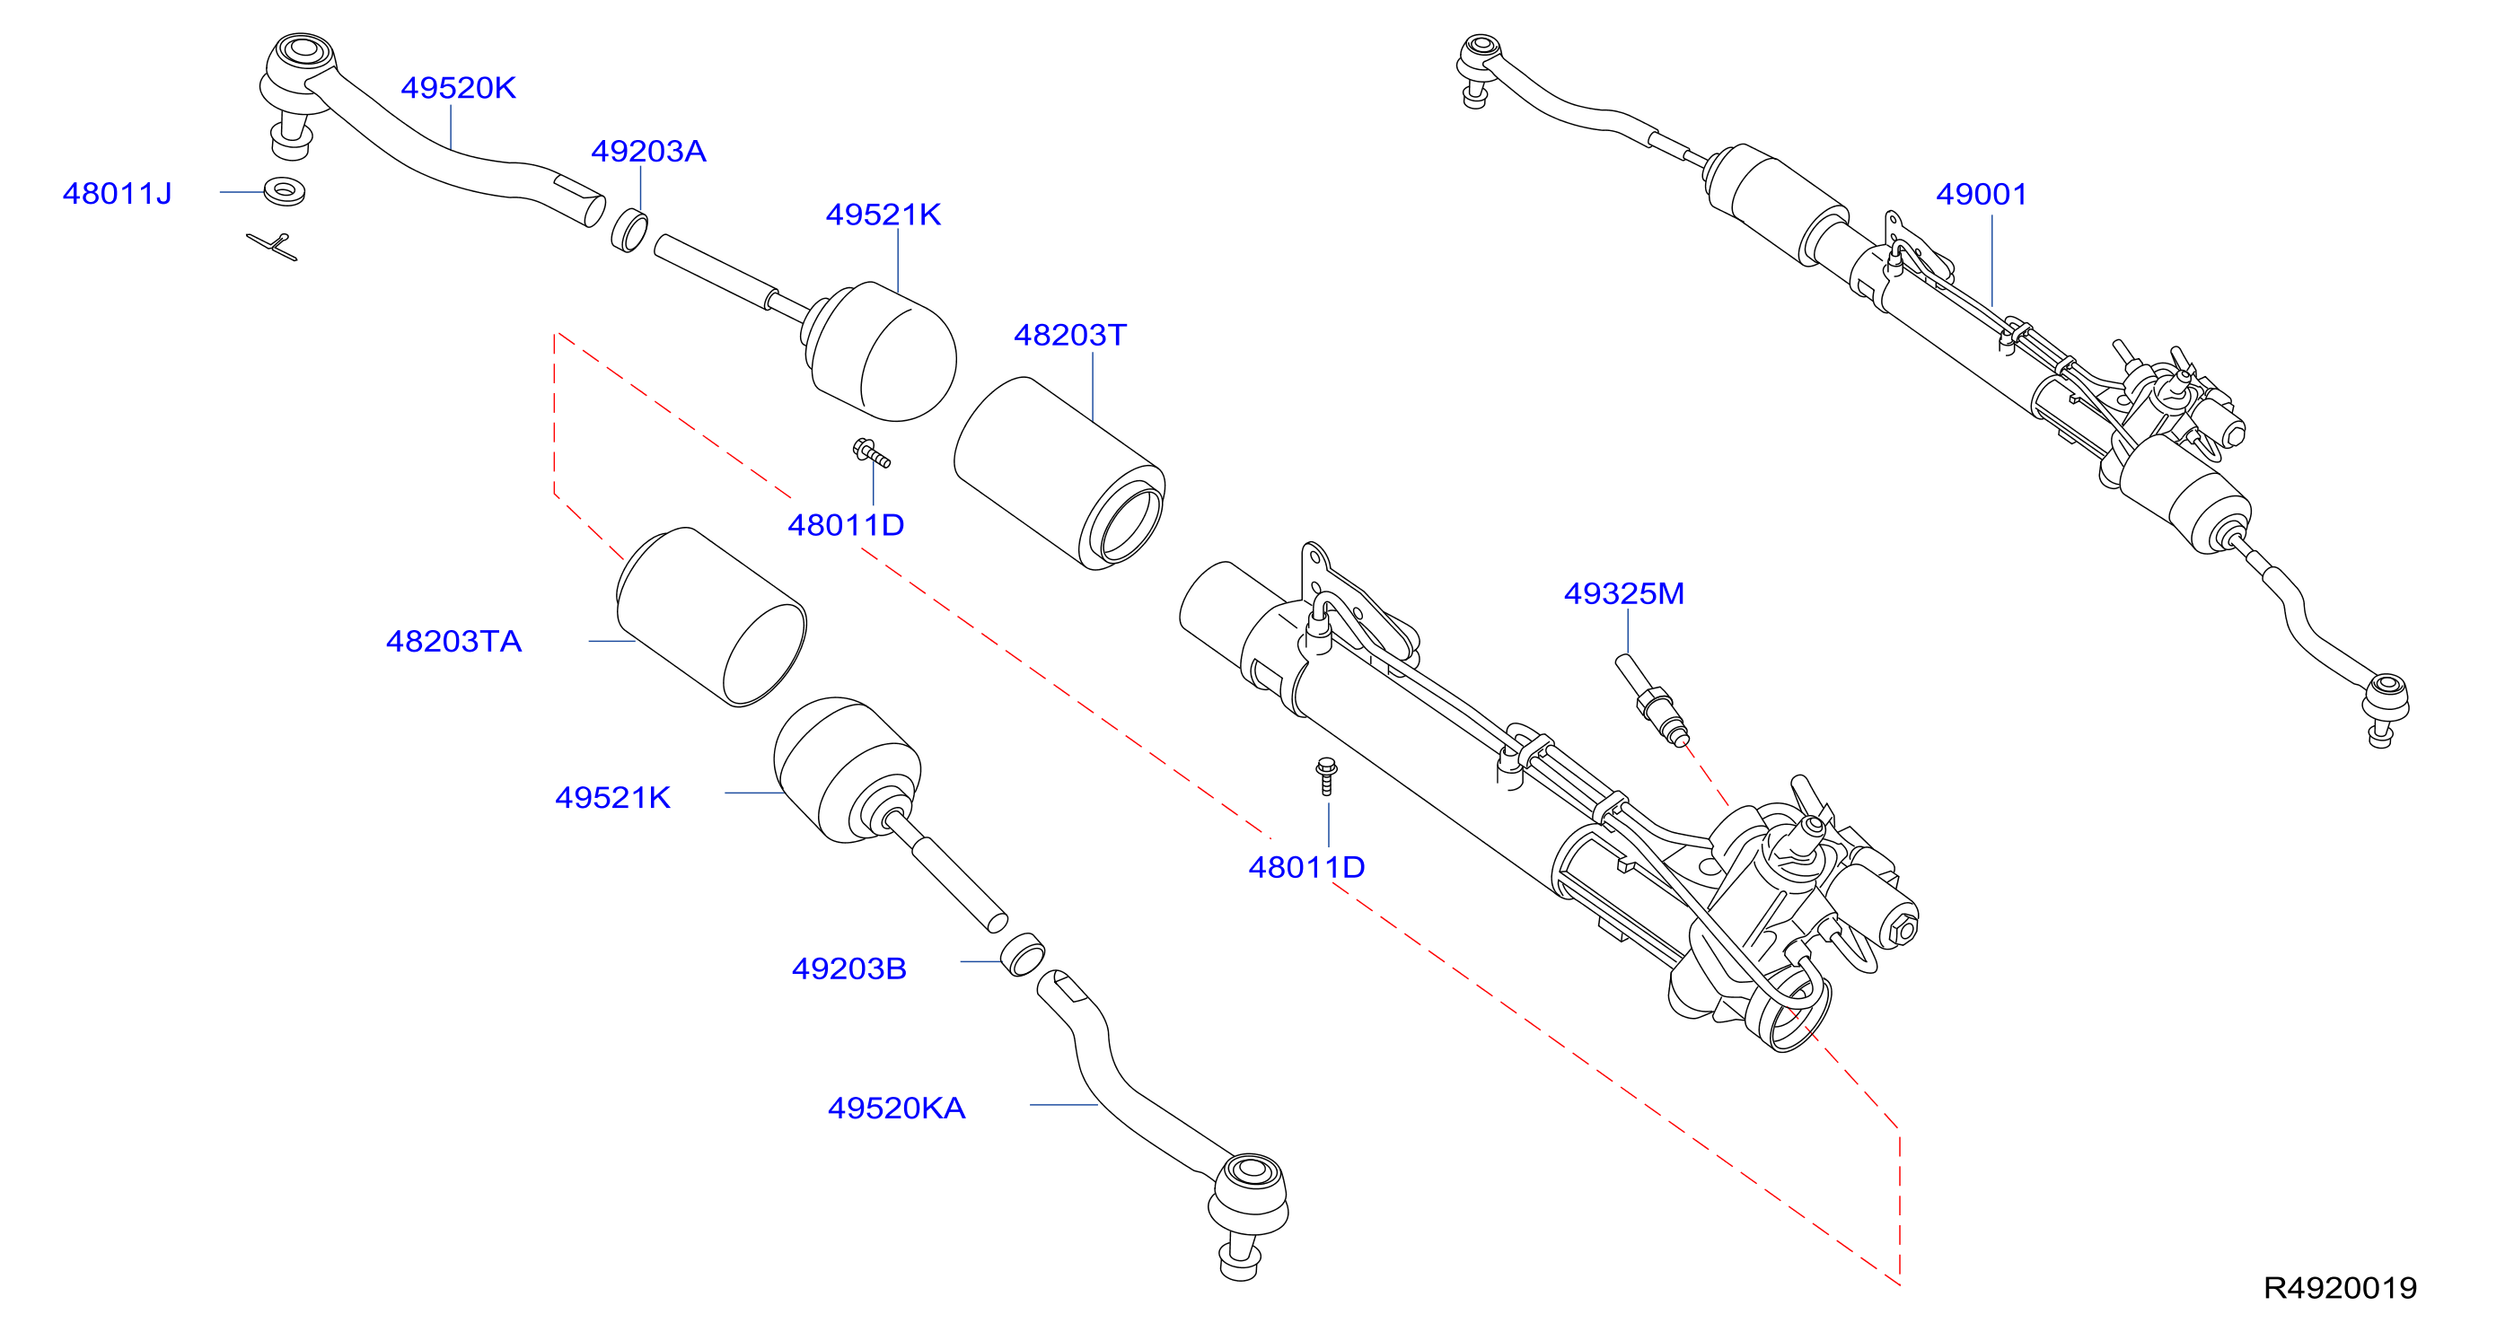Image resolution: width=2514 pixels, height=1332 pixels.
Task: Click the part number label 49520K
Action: tap(458, 88)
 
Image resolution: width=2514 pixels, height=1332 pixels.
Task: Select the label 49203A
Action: tap(648, 152)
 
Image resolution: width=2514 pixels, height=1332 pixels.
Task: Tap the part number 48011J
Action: tap(117, 193)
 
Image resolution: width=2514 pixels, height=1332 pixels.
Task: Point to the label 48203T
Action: tap(1069, 335)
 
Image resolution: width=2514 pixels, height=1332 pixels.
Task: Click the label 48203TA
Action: tap(453, 641)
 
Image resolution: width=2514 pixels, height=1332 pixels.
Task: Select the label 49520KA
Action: tap(896, 1108)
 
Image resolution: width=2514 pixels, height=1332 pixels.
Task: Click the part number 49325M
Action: tap(1624, 593)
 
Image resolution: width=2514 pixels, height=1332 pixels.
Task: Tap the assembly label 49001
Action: tap(1982, 194)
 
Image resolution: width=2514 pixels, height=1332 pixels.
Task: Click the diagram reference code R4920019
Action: tap(2341, 1288)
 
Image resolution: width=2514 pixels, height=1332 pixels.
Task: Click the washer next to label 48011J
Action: tap(284, 190)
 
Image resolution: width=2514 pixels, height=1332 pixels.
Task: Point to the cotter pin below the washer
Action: tap(272, 247)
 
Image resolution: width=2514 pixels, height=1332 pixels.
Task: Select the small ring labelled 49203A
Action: tap(629, 231)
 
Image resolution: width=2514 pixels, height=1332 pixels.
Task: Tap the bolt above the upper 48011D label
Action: tap(872, 452)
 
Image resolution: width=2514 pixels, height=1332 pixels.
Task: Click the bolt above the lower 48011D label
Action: tap(1326, 776)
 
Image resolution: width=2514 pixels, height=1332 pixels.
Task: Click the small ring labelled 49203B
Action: tap(1023, 954)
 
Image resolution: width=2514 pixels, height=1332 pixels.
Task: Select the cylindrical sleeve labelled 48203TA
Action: tap(711, 617)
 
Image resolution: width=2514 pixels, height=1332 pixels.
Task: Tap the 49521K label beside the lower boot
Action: tap(613, 797)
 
